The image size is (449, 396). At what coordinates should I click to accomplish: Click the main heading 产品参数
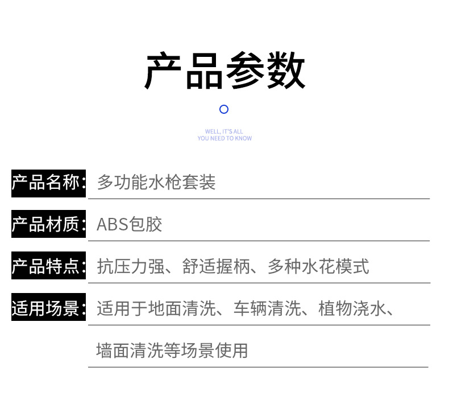[x=224, y=71]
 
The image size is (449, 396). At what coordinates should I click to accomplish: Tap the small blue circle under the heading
[x=224, y=109]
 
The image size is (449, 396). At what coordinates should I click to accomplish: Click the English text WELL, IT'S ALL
[x=224, y=131]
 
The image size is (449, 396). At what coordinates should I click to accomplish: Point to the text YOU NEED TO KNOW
[x=224, y=138]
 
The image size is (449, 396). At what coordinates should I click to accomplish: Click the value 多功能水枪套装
[x=156, y=183]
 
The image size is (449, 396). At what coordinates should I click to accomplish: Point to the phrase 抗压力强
[x=131, y=266]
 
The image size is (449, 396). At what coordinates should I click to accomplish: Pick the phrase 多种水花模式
[x=318, y=266]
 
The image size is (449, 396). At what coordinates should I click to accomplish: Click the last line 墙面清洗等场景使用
[x=172, y=350]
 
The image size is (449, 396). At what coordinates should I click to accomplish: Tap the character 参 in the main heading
[x=245, y=71]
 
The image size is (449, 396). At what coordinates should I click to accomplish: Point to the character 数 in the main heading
[x=286, y=71]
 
